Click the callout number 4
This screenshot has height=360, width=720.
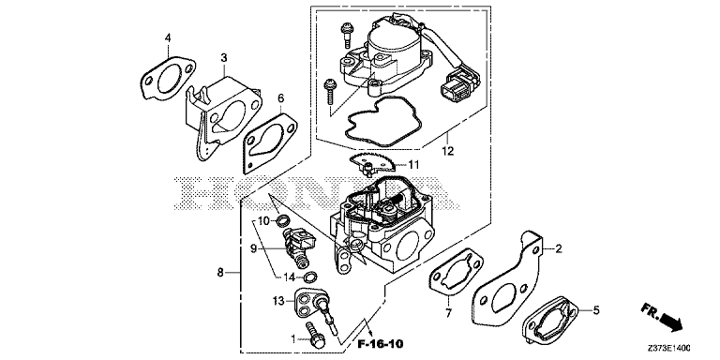168,38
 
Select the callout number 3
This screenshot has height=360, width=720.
224,58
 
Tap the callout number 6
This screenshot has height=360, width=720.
281,98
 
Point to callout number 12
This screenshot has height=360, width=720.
448,150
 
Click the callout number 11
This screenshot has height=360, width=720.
414,164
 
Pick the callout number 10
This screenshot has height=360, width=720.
263,221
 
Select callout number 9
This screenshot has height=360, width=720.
253,248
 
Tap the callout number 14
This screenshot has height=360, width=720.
289,277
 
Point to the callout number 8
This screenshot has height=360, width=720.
220,273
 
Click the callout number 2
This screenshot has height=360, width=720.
559,249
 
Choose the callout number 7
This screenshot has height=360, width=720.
448,314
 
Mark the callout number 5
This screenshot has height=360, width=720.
596,310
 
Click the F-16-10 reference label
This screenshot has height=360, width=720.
382,343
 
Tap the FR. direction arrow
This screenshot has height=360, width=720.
662,316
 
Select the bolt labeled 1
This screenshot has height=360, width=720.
314,334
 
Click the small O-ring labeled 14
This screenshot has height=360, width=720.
311,277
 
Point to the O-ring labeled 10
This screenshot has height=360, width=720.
283,221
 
